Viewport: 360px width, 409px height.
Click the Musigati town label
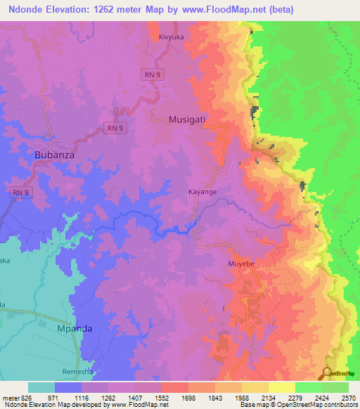pyautogui.click(x=187, y=119)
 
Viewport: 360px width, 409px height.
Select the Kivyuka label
pyautogui.click(x=172, y=35)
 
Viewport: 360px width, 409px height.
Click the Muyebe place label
pyautogui.click(x=241, y=264)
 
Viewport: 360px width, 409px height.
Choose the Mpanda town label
pyautogui.click(x=74, y=328)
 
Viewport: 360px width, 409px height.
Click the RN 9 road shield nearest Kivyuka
pyautogui.click(x=153, y=74)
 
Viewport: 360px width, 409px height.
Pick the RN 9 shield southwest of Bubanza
pyautogui.click(x=22, y=191)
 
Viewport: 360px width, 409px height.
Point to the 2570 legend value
pyautogui.click(x=348, y=397)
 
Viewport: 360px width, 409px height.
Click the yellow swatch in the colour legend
pyautogui.click(x=281, y=387)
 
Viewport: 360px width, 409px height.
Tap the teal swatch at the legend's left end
pyautogui.click(x=41, y=387)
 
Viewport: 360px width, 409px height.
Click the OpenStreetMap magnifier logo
pyautogui.click(x=328, y=373)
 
